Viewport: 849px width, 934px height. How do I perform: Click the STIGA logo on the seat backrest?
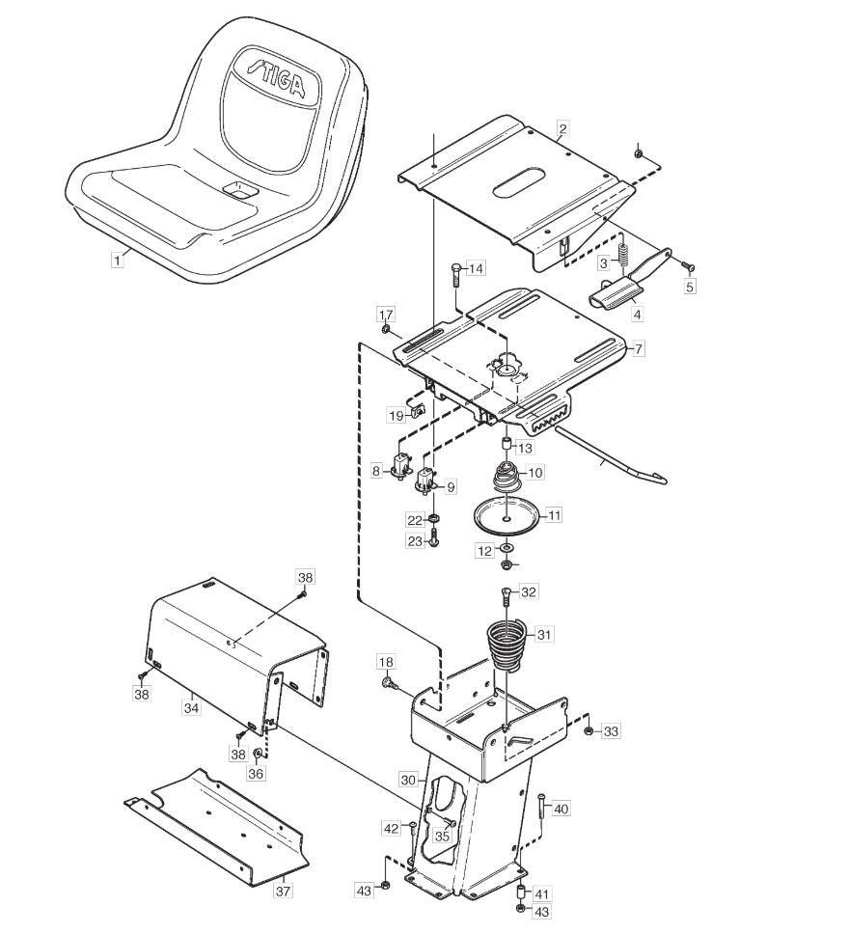click(x=277, y=77)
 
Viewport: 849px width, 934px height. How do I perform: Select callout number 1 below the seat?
click(x=118, y=261)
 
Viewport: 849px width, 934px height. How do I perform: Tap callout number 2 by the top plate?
click(x=562, y=128)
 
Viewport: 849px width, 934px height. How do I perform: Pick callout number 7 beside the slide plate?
click(x=638, y=348)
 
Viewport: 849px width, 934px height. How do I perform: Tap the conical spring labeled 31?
click(x=507, y=646)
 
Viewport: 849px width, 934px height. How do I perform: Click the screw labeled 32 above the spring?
click(x=507, y=596)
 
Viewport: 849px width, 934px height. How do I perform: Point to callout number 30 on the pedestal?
click(x=408, y=779)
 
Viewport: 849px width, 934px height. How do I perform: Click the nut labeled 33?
click(x=589, y=730)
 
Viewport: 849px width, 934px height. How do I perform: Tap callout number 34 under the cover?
click(x=191, y=707)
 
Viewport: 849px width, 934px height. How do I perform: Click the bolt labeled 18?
click(x=389, y=680)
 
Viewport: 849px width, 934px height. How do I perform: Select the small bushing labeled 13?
click(x=505, y=444)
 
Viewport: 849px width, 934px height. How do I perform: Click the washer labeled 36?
click(x=258, y=755)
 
